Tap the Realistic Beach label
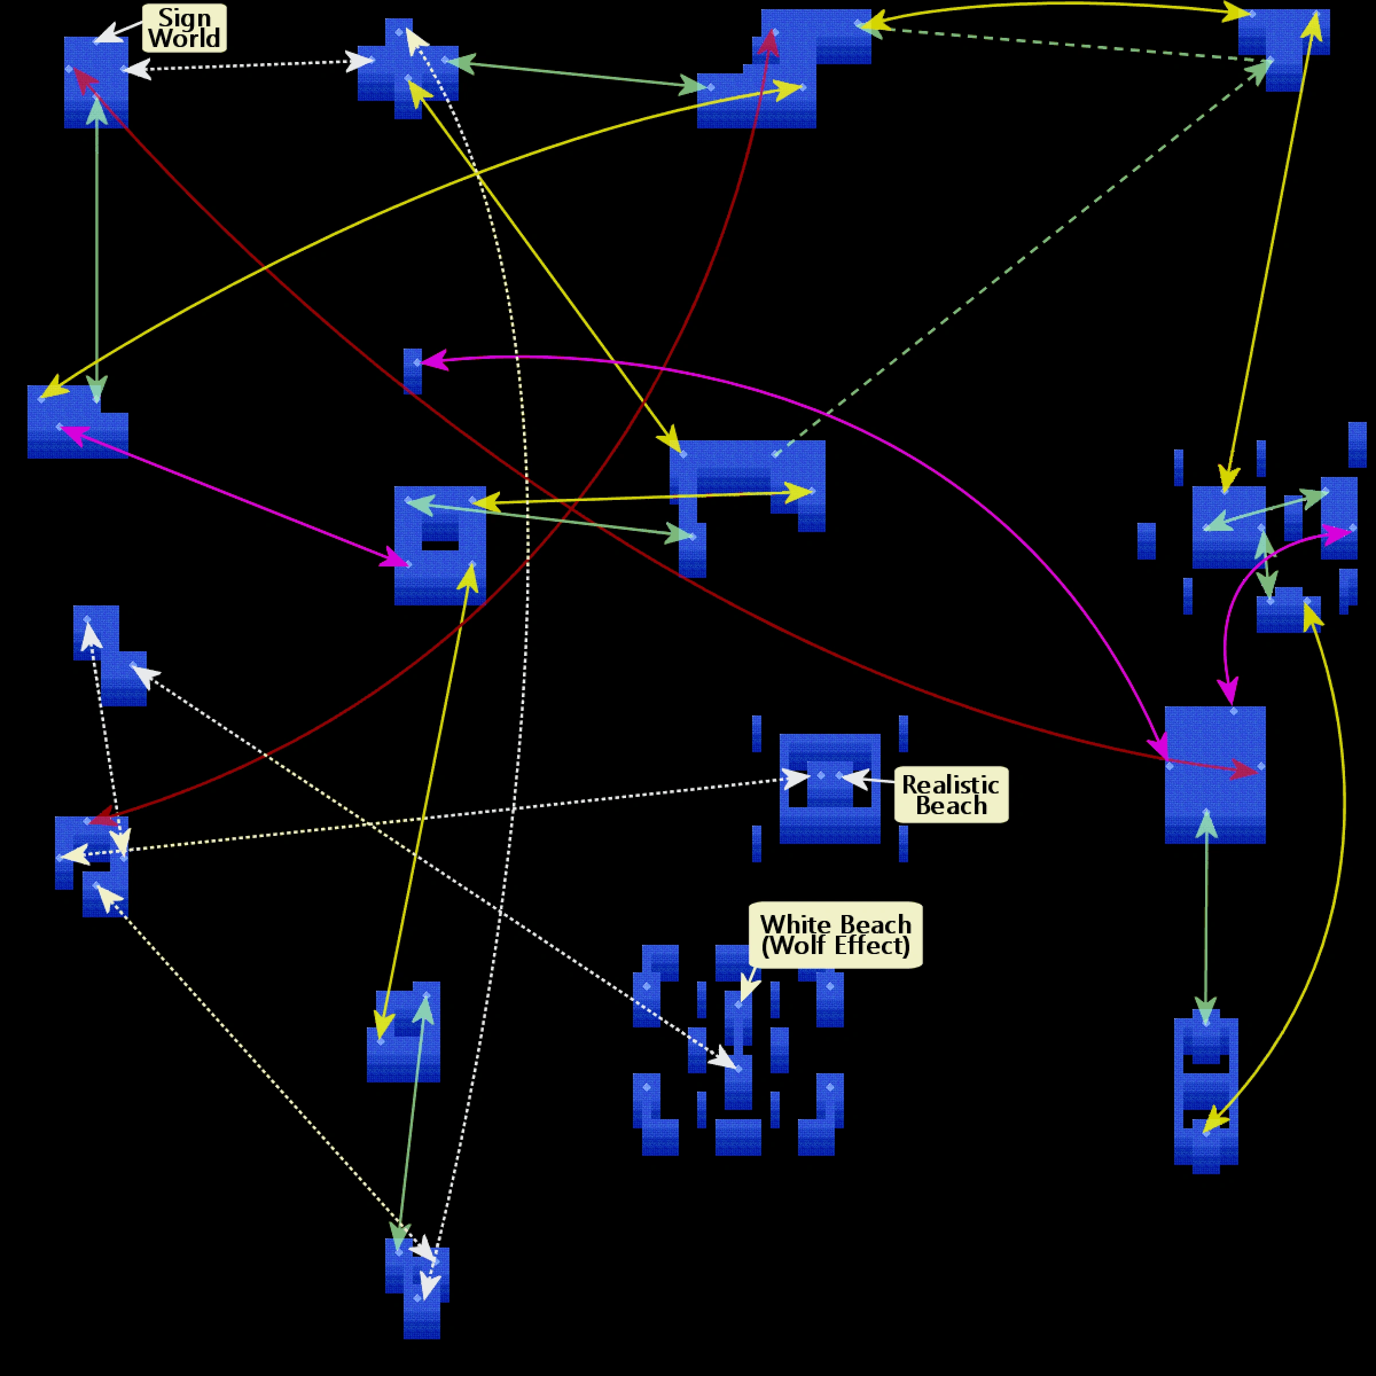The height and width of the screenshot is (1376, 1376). pyautogui.click(x=951, y=795)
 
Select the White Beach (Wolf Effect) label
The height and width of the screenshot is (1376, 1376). pyautogui.click(x=835, y=935)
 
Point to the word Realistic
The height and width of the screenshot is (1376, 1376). pyautogui.click(x=950, y=785)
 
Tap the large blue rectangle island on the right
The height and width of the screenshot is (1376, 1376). pyautogui.click(x=1214, y=775)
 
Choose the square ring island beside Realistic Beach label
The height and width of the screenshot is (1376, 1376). pyautogui.click(x=829, y=788)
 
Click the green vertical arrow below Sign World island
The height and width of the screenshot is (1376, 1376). pyautogui.click(x=97, y=249)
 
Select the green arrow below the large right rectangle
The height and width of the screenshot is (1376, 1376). pyautogui.click(x=1206, y=918)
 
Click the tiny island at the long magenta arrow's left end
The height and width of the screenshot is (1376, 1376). pyautogui.click(x=412, y=370)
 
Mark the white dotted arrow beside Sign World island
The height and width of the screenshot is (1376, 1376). pyautogui.click(x=249, y=65)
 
